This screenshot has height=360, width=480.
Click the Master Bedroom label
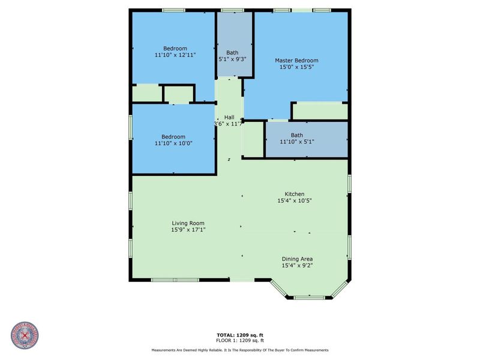coord(296,61)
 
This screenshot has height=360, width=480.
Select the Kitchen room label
coord(295,194)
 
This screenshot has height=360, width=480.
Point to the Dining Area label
coord(297,259)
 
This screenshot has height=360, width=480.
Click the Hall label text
coord(229,117)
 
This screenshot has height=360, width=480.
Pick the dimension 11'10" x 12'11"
coord(175,55)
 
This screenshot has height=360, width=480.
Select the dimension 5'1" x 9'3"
coord(232,59)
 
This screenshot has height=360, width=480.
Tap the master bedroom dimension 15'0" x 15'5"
coord(296,68)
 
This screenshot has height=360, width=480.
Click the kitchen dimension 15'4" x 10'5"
coord(295,201)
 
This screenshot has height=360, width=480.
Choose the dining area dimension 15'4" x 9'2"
coord(297,265)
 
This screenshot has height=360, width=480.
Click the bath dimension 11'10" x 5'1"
coord(297,142)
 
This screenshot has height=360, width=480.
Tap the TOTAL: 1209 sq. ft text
coord(240,334)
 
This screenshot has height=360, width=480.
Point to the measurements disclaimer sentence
coord(240,350)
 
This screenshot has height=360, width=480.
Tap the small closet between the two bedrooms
coord(178,94)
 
